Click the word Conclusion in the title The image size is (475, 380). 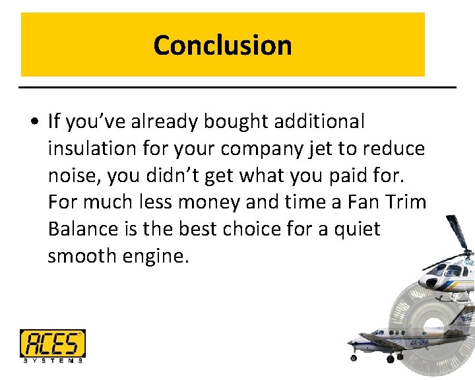point(222,46)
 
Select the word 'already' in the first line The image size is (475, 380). point(156,121)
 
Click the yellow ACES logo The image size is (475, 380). point(52,343)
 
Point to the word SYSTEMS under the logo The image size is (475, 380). point(52,360)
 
